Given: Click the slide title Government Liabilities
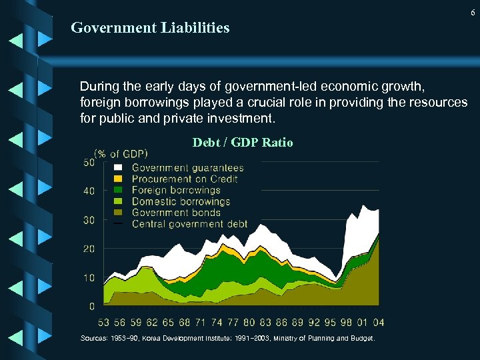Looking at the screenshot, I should [x=150, y=28].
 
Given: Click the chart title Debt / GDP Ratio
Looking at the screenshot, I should [x=243, y=143].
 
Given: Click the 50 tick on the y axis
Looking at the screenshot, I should [x=89, y=163].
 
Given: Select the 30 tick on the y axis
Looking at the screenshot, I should [x=89, y=220].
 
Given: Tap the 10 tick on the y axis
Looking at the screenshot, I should [x=89, y=277].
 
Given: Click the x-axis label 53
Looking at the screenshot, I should [x=104, y=323].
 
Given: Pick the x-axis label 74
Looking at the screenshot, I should [x=217, y=323].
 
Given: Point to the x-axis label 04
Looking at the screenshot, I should [x=378, y=323].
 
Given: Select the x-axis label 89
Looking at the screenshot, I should [x=297, y=323].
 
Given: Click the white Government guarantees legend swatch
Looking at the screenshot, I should [x=119, y=167].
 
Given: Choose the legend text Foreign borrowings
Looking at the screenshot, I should [x=176, y=190].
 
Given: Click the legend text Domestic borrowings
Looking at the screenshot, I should [x=181, y=201].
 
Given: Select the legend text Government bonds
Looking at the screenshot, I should [x=176, y=213].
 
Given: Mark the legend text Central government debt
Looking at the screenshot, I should [x=189, y=224].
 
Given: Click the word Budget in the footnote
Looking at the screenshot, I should [x=361, y=339].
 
